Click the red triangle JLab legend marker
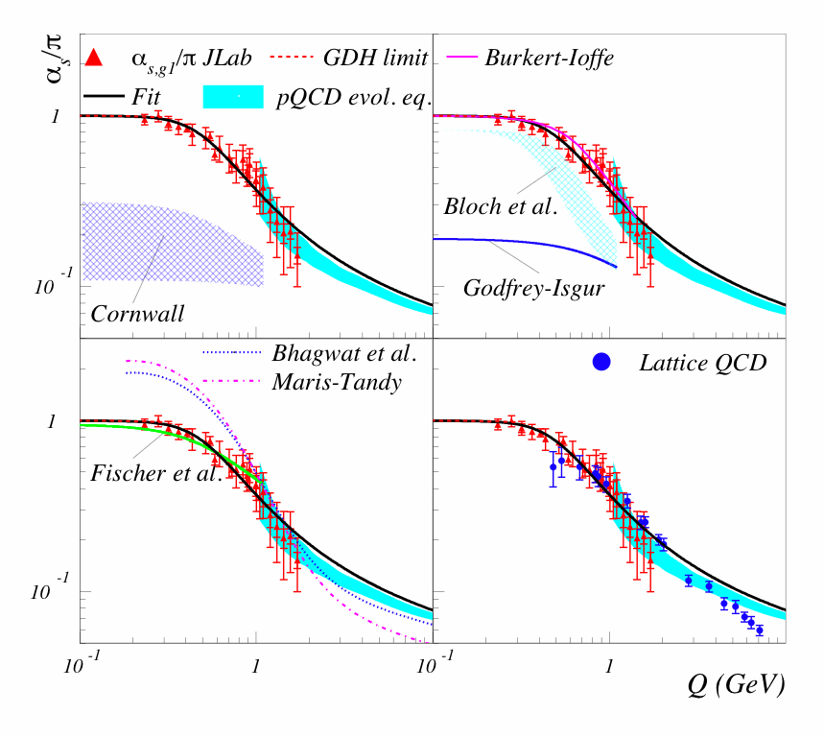click(x=93, y=59)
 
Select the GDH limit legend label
click(x=376, y=58)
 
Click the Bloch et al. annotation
click(x=501, y=206)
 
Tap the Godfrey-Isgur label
click(x=533, y=287)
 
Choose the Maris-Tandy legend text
click(x=336, y=382)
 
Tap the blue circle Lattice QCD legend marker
click(x=601, y=362)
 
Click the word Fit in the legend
click(x=148, y=96)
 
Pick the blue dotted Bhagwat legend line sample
click(x=231, y=354)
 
